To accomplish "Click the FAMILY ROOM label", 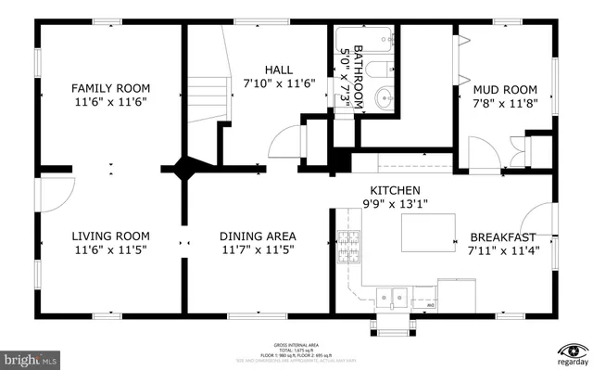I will coord(111,89).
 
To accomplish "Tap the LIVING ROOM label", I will coord(111,236).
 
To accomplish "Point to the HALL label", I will coord(279,70).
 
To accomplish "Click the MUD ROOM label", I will coord(506,89).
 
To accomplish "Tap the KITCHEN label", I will coord(390,190).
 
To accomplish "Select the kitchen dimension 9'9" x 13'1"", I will coord(390,203).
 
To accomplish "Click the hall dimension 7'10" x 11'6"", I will coord(279,83).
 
